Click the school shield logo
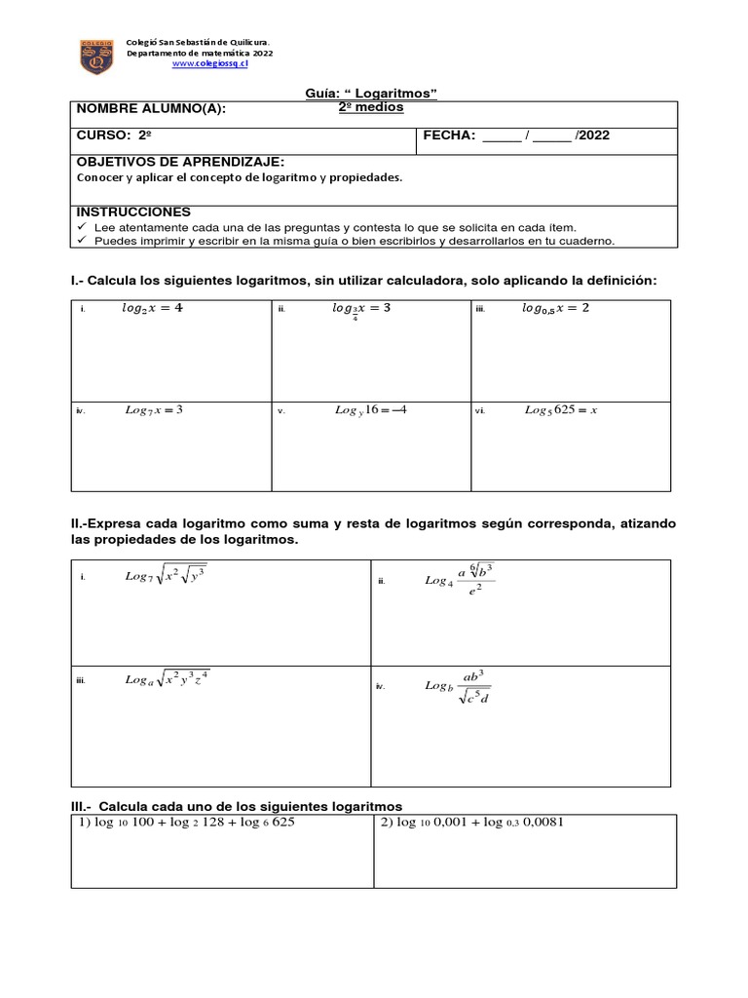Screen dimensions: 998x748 [95, 57]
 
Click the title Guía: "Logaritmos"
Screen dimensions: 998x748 [371, 93]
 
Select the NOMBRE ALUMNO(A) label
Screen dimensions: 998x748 [151, 109]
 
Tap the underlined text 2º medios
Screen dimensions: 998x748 [370, 107]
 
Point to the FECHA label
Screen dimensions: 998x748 [449, 135]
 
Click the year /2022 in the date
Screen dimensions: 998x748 [592, 135]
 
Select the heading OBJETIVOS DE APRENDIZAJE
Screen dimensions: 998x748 [180, 162]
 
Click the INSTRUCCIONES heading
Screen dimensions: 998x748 [133, 211]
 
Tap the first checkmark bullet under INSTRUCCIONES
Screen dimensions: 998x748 [82, 226]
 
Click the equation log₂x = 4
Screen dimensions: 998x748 [152, 308]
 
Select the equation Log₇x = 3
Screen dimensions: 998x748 [154, 410]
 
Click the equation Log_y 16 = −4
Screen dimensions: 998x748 [370, 410]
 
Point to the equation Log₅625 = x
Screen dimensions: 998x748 [560, 410]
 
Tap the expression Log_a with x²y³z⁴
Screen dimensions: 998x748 [167, 679]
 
